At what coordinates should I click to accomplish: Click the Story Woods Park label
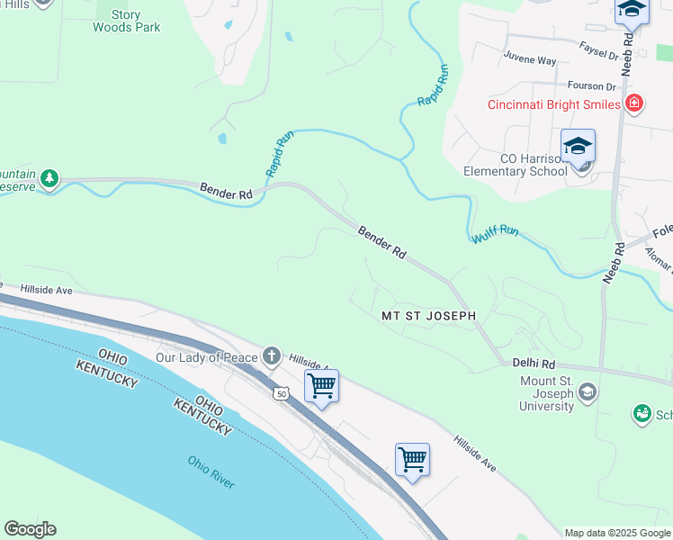coord(127,21)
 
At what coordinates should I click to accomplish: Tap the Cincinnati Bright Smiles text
coord(553,104)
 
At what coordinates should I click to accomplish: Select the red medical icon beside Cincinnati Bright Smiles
coord(634,103)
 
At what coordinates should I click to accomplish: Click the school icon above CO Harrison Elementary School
coord(578,146)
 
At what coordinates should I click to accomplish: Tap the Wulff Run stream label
coord(496,236)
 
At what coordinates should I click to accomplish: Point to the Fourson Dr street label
coord(591,86)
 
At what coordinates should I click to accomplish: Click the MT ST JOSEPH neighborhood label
coord(427,316)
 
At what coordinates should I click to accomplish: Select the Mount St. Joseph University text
coord(546,392)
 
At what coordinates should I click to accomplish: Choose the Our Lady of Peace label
coord(207,356)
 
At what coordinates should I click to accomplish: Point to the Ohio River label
coord(211,472)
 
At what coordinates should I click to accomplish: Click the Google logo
coord(30,529)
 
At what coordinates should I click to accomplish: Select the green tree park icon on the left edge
coord(49,177)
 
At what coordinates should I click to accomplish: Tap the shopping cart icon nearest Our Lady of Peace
coord(321,386)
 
